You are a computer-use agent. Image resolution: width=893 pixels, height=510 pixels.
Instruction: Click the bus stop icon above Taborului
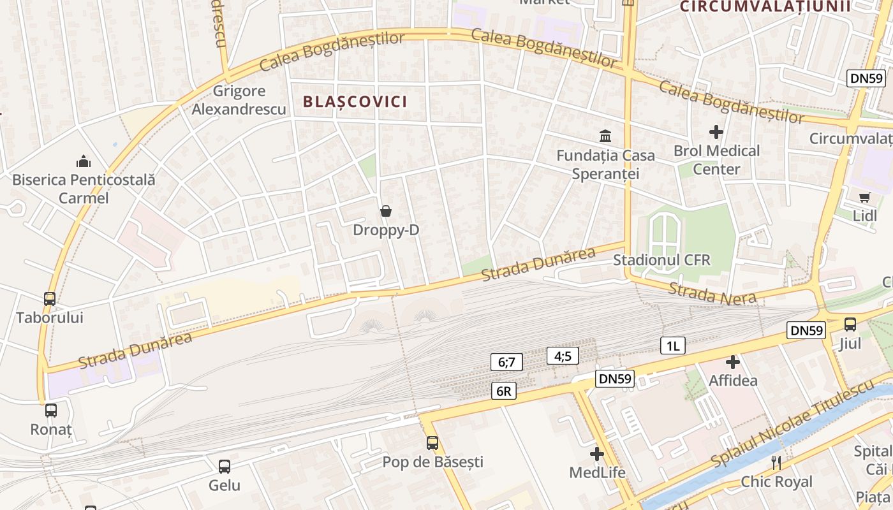pyautogui.click(x=50, y=298)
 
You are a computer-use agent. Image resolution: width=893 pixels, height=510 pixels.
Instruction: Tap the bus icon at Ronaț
pyautogui.click(x=51, y=411)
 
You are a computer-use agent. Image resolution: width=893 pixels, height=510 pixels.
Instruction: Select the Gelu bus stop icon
pyautogui.click(x=225, y=466)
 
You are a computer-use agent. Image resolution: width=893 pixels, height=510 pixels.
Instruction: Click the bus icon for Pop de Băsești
pyautogui.click(x=432, y=442)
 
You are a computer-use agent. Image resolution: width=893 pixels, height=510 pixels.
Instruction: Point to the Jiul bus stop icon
pyautogui.click(x=850, y=324)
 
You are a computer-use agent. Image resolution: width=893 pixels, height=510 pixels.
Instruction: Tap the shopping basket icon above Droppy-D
pyautogui.click(x=386, y=211)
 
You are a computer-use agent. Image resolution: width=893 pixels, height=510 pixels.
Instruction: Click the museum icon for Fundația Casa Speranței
pyautogui.click(x=605, y=136)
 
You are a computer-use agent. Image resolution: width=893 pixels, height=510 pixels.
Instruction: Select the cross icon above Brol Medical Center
pyautogui.click(x=716, y=132)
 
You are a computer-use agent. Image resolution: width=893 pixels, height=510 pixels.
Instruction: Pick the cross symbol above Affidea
pyautogui.click(x=733, y=362)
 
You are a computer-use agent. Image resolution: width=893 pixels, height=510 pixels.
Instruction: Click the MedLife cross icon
pyautogui.click(x=597, y=454)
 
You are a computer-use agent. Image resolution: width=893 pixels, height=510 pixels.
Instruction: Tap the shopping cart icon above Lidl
pyautogui.click(x=864, y=197)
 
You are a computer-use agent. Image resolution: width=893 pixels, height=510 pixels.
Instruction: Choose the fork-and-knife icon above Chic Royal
pyautogui.click(x=776, y=462)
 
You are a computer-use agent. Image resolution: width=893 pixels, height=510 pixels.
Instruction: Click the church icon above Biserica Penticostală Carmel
pyautogui.click(x=84, y=161)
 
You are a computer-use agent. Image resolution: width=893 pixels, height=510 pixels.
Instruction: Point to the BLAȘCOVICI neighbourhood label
pyautogui.click(x=355, y=102)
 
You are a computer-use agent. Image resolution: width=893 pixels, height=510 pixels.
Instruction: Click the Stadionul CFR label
pyautogui.click(x=661, y=260)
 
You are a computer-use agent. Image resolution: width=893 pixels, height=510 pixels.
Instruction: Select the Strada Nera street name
pyautogui.click(x=712, y=293)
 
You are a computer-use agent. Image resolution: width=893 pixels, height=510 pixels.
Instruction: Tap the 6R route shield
pyautogui.click(x=503, y=391)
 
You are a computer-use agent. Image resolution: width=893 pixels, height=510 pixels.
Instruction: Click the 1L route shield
pyautogui.click(x=672, y=346)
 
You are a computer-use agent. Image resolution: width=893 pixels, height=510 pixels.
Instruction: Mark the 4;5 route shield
pyautogui.click(x=563, y=356)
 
